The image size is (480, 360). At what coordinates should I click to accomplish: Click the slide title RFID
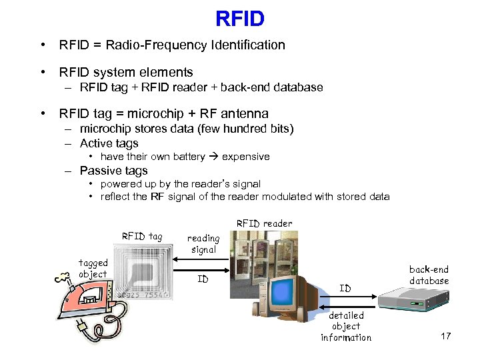[x=240, y=19]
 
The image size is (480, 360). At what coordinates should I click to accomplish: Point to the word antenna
[x=241, y=114]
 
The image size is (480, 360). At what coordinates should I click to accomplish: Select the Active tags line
[x=109, y=143]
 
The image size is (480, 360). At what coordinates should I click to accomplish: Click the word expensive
[x=245, y=157]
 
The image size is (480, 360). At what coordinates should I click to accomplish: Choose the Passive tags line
[x=113, y=171]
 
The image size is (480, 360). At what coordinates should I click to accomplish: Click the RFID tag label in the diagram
[x=141, y=236]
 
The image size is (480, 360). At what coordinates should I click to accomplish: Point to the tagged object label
[x=93, y=269]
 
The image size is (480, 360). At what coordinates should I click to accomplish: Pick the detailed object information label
[x=346, y=327]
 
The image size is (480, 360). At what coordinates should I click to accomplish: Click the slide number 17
[x=446, y=336]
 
